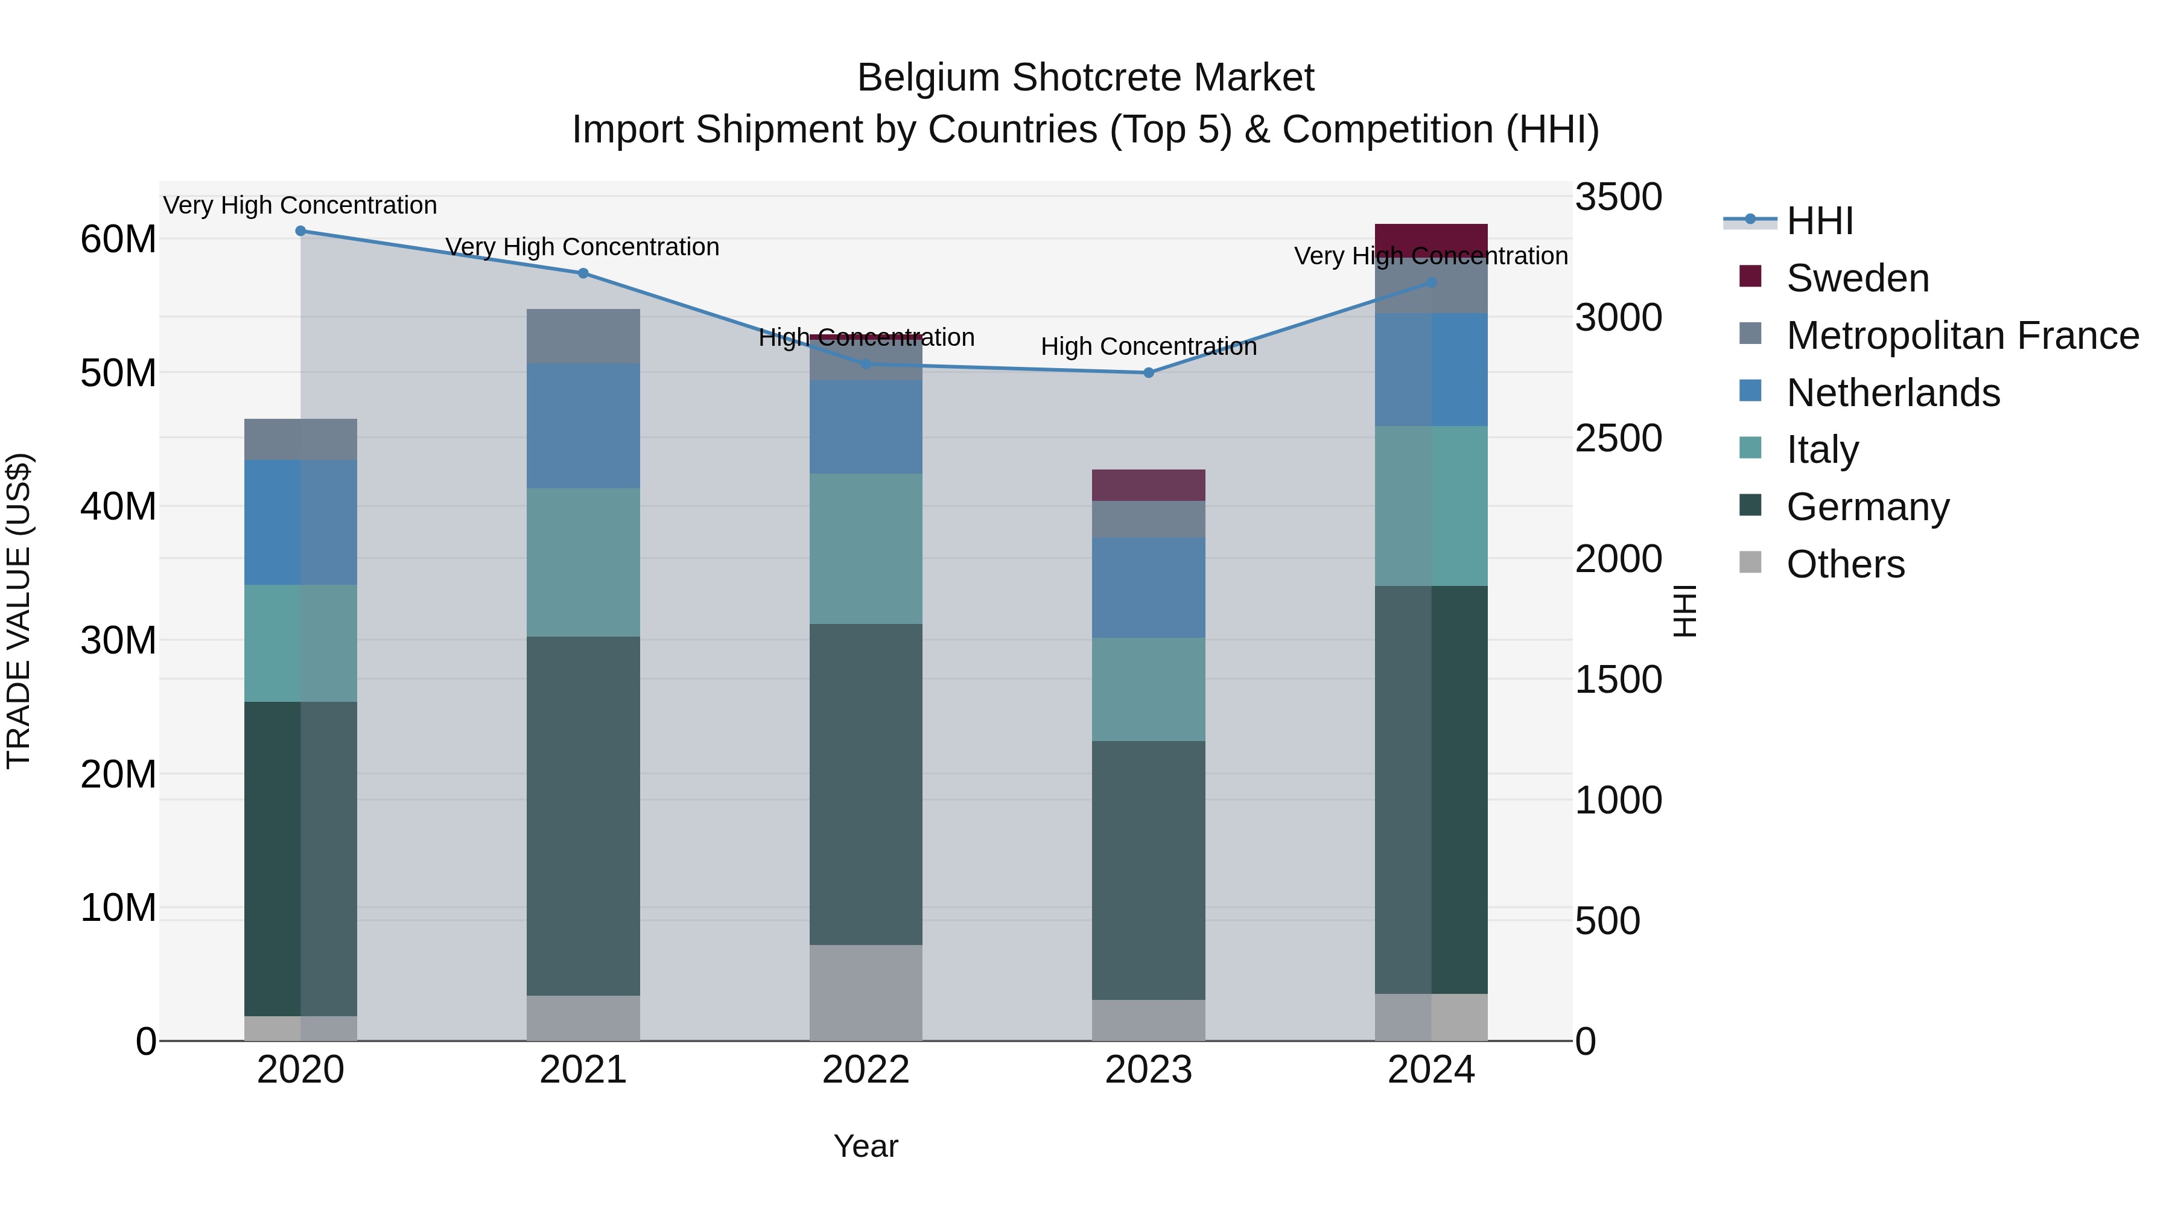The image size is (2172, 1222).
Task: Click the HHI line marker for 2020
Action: [300, 231]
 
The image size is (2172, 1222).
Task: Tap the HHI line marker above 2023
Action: [1148, 373]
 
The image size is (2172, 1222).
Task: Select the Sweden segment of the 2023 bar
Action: [1148, 485]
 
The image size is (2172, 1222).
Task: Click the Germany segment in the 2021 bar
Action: [583, 815]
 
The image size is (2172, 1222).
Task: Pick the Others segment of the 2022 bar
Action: [866, 993]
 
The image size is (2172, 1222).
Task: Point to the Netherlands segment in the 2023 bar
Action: [1148, 588]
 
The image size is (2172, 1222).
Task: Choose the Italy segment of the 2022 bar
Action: [866, 549]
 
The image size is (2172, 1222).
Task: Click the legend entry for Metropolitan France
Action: [1962, 336]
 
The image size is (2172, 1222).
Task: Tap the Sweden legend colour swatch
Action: [1750, 276]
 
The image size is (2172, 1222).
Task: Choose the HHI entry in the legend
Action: [1820, 221]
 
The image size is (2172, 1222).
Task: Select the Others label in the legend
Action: [1845, 564]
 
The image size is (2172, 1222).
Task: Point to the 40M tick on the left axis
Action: [118, 507]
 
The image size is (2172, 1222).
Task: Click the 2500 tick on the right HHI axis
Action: [1618, 439]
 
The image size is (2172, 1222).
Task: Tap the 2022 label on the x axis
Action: [866, 1070]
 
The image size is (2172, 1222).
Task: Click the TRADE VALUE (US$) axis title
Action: [19, 611]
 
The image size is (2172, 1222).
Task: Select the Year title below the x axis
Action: [866, 1146]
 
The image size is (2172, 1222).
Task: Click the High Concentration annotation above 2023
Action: [1148, 346]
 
